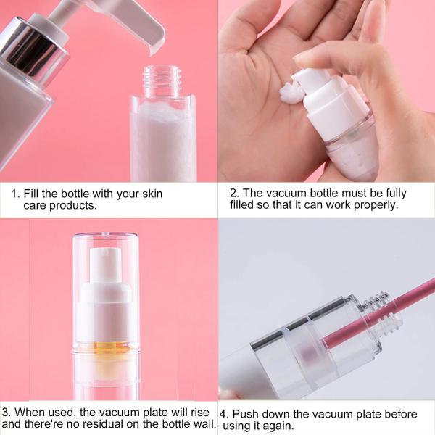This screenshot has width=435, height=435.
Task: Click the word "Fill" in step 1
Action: click(33, 194)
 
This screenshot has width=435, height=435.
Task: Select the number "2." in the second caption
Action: click(234, 194)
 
